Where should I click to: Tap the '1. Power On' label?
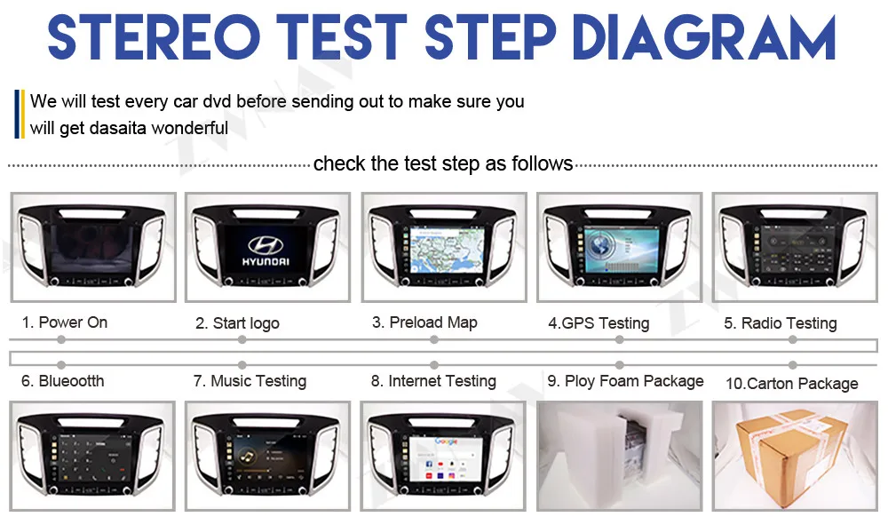tap(65, 322)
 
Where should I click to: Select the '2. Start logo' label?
tap(237, 323)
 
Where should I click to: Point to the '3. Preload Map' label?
tap(424, 322)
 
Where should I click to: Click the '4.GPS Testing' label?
tap(599, 323)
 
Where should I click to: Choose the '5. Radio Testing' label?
tap(781, 323)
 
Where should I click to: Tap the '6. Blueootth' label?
tap(63, 381)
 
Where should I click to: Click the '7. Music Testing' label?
tap(250, 381)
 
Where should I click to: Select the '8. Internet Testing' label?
tap(433, 381)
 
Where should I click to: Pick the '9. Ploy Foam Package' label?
tap(625, 381)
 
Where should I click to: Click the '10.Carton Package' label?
tap(792, 384)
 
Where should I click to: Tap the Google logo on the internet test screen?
tap(446, 441)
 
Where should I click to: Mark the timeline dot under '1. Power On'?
tap(61, 340)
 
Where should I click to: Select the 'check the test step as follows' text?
tap(443, 163)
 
